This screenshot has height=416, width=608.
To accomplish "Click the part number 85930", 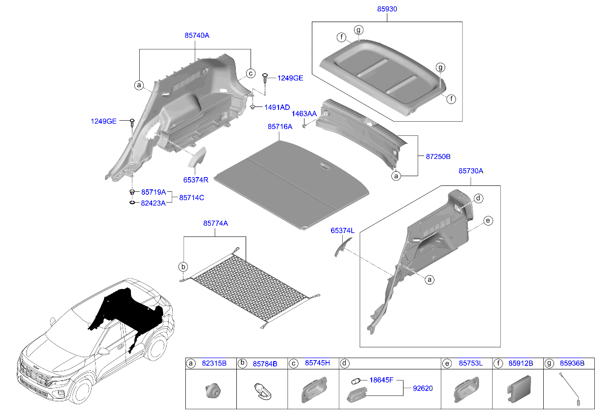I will [x=386, y=9].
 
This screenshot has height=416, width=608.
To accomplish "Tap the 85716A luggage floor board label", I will [x=279, y=127].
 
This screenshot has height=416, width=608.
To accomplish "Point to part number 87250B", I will [x=434, y=156].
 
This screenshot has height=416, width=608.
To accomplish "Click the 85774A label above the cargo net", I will [x=215, y=223].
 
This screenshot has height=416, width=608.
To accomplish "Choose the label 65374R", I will [x=196, y=180].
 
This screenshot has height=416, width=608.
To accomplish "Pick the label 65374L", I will [x=342, y=230].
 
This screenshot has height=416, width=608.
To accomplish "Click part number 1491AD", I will [x=277, y=107].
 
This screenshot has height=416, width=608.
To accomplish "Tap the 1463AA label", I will [x=304, y=114].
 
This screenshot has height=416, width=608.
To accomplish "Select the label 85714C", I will [x=191, y=198].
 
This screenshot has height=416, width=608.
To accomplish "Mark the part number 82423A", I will [x=153, y=203].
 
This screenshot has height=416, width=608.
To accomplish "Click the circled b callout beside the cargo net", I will [x=183, y=267].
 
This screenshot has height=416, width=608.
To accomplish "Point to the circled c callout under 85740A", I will [x=250, y=73].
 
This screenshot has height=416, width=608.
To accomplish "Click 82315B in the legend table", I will [x=214, y=364].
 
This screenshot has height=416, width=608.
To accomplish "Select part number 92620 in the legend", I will [x=423, y=388].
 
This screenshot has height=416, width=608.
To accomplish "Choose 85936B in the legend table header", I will [x=573, y=364].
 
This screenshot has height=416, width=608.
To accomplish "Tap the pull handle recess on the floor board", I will [x=325, y=167].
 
